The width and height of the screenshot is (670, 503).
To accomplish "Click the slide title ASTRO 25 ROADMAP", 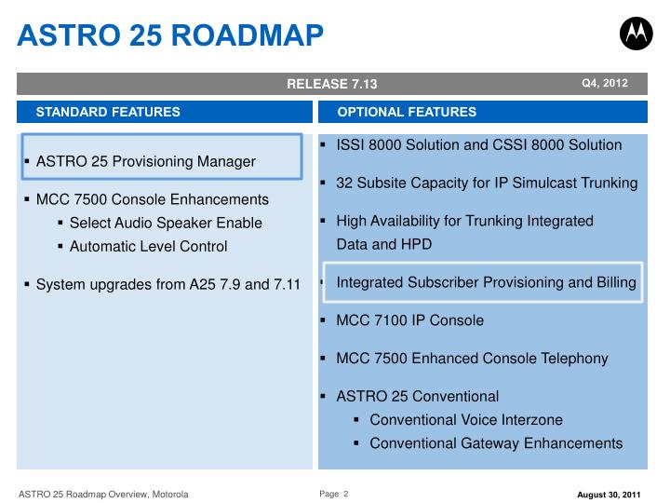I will click(171, 34).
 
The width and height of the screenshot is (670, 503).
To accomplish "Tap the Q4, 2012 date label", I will click(605, 84).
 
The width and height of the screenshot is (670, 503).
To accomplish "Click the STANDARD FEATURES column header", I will click(108, 112).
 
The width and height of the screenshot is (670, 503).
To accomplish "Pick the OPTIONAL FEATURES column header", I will click(407, 112).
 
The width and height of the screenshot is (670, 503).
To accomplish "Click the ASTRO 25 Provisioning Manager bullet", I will click(145, 161).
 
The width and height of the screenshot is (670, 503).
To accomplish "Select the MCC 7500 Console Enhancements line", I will click(152, 199).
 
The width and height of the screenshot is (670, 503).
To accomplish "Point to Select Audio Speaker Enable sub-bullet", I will click(166, 223).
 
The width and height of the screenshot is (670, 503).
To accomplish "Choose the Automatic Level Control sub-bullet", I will click(161, 247).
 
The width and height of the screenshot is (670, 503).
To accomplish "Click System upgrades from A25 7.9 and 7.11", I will click(167, 284).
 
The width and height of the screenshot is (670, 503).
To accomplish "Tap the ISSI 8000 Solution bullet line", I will click(478, 145).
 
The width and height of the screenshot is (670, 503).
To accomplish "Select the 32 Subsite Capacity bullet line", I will click(486, 183).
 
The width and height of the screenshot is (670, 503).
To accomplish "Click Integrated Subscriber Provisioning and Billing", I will click(486, 282).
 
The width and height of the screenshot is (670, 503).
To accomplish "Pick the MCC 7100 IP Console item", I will click(409, 320).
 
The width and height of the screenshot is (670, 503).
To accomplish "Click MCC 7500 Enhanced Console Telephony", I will click(472, 358).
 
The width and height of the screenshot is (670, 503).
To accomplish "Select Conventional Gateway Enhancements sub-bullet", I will click(496, 443).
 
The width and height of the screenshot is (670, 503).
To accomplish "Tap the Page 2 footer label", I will click(333, 493).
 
